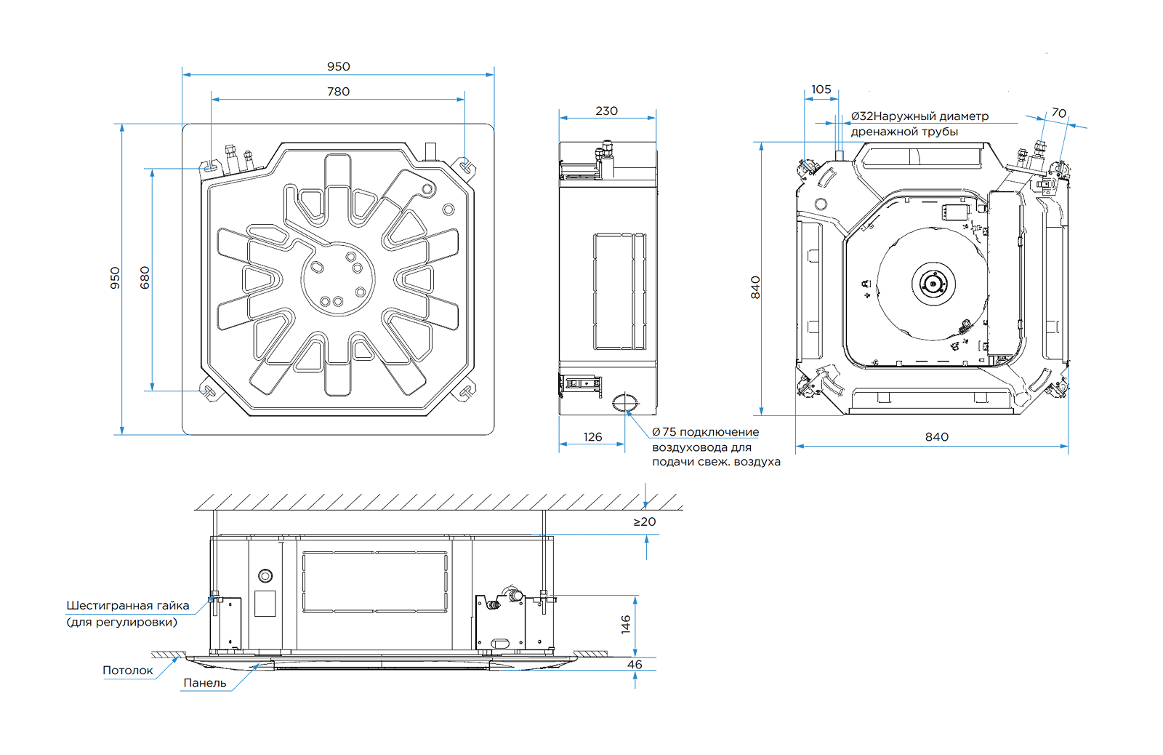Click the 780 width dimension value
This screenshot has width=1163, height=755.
pos(338,92)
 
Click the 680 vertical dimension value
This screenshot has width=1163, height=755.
pos(145,278)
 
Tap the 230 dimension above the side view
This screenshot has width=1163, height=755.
pos(606,111)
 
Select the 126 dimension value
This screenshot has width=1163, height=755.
pos(592,437)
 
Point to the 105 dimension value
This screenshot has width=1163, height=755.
pos(821,89)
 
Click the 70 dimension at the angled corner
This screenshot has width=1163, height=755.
pos(1059,113)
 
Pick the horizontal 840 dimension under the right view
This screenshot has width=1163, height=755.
pos(936,437)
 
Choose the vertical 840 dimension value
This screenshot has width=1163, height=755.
pos(755,287)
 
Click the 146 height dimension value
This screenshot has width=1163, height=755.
pos(626,625)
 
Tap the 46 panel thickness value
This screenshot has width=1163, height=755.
pos(635,665)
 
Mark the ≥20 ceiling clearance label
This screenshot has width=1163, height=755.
pos(644,522)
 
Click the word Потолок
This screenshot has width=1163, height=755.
pos(128,671)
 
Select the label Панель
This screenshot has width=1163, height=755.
pos(204,683)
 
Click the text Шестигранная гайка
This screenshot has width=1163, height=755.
pos(127,606)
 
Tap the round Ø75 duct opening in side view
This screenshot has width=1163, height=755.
pos(624,402)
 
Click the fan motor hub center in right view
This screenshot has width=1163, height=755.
pos(933,283)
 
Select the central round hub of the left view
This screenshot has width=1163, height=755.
pos(338,279)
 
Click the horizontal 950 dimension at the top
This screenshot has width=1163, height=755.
pos(338,67)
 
